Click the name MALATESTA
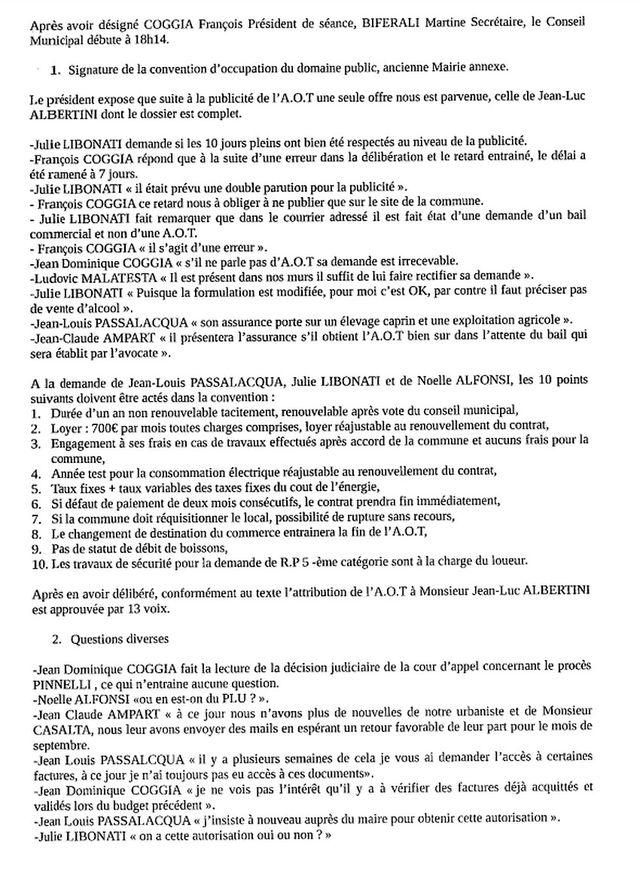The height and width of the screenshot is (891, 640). coord(129,275)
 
